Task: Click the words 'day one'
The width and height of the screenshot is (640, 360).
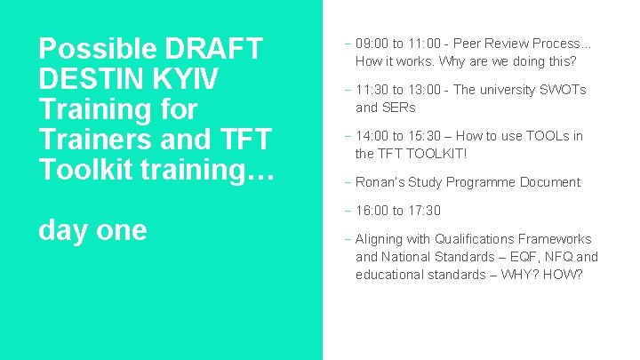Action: (x=92, y=229)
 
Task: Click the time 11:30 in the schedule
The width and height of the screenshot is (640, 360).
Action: (x=372, y=90)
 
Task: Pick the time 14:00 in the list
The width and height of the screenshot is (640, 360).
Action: (x=372, y=136)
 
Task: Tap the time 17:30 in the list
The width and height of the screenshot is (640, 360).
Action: (x=423, y=211)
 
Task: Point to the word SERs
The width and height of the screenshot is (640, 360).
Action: (x=398, y=108)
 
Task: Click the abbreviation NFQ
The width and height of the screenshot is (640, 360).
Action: (x=556, y=257)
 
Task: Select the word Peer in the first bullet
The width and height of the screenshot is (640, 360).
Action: (x=468, y=44)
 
